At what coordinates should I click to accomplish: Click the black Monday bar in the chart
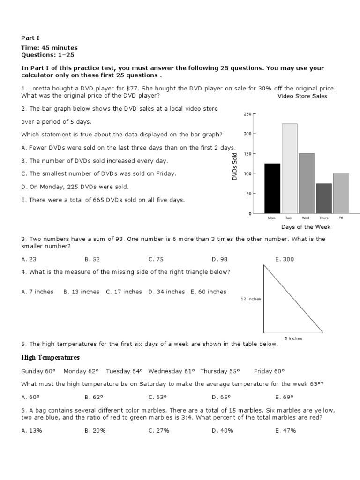272,188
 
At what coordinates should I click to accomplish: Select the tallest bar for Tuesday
289,168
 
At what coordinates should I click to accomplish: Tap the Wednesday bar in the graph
307,183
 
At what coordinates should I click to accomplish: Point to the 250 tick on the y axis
247,114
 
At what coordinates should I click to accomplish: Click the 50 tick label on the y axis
248,194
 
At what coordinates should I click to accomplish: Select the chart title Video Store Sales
302,97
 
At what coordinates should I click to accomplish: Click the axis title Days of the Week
306,227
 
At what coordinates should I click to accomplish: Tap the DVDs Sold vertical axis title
235,166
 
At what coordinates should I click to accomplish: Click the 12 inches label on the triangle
251,299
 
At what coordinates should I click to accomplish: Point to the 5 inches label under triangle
293,338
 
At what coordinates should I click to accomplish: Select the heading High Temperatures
51,358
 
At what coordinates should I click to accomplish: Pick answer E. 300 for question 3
285,259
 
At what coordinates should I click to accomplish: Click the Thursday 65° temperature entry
220,371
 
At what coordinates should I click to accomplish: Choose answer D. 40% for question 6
222,431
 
